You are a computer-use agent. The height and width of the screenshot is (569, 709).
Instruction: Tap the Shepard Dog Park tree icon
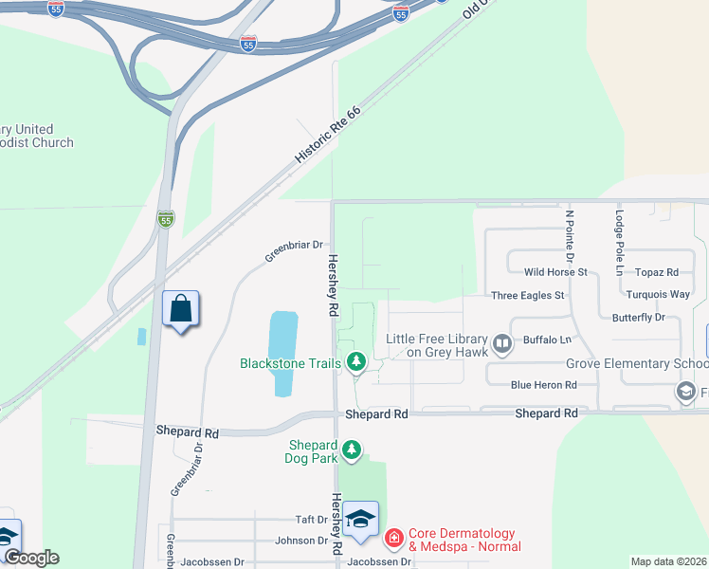coord(352,450)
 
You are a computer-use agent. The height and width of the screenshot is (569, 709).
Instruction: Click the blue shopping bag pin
coord(181,309)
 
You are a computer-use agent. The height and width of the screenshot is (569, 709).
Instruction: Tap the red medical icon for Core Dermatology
coord(393,540)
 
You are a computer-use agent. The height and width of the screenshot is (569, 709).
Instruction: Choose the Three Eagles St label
coord(527,295)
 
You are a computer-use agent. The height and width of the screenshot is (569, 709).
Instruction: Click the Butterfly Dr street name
coord(638,317)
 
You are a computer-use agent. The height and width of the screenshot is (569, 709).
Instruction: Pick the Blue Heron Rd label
coord(543,384)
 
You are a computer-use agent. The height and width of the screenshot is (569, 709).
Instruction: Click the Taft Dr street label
coord(311,520)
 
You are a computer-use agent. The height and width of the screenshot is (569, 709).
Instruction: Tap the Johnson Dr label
coord(300,541)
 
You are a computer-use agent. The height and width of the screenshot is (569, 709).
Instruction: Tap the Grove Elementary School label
coord(637,363)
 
